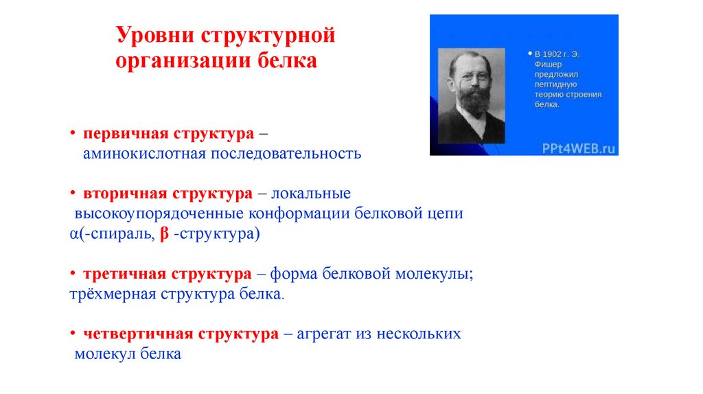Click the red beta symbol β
(164, 234)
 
